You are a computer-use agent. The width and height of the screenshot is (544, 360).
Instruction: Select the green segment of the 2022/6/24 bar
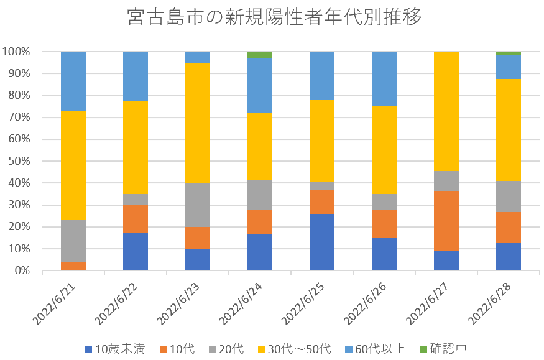(260, 55)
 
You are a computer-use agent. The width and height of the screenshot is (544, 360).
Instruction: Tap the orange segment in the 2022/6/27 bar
(446, 221)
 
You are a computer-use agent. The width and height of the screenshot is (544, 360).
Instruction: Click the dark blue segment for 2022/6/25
(322, 242)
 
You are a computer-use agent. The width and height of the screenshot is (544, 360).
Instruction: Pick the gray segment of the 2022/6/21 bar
(73, 241)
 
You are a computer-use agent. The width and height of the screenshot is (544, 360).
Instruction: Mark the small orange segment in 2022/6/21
(73, 266)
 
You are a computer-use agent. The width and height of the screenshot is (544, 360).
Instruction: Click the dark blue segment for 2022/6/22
(136, 251)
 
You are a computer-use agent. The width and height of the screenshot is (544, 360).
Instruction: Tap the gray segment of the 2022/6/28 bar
(509, 196)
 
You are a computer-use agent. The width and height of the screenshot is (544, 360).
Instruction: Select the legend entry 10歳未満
(114, 349)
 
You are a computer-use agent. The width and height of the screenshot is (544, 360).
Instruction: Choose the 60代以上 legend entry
(379, 349)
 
